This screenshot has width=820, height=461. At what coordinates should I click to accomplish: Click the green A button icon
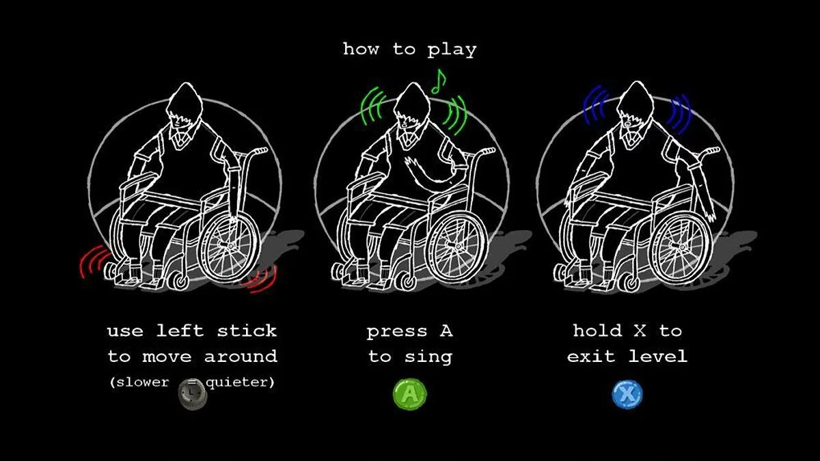409,395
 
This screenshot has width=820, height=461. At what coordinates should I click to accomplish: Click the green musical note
439,81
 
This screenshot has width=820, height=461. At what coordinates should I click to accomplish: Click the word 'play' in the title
452,50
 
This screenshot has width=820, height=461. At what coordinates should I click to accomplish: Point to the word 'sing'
428,357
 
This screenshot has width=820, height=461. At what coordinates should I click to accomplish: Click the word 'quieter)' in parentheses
240,382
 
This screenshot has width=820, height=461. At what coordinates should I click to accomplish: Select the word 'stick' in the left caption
247,331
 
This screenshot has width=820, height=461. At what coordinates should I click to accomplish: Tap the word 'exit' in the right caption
591,356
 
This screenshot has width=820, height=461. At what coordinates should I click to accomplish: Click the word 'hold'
597,331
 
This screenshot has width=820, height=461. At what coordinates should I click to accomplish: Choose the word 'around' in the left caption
241,357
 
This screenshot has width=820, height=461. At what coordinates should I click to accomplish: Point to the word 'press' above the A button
397,332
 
